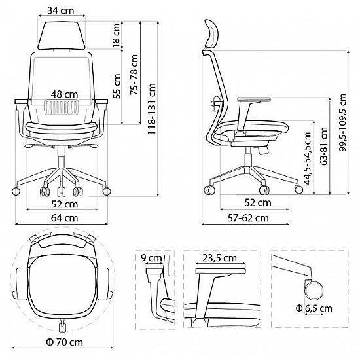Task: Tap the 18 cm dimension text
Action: [x=117, y=38]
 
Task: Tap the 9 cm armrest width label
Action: [x=153, y=258]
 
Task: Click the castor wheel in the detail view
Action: [x=315, y=289]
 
